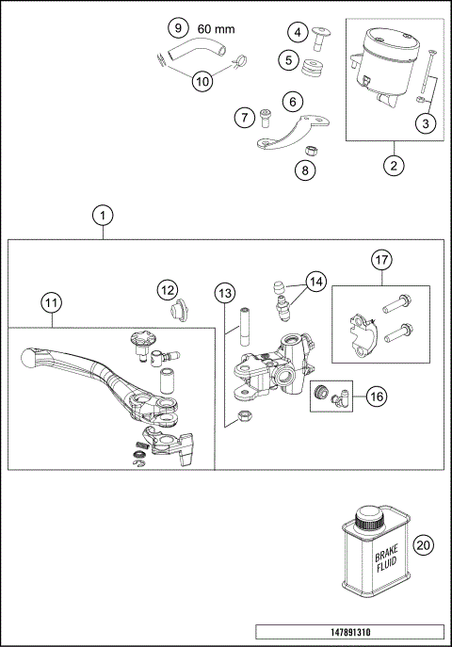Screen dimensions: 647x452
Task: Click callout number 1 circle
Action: [x=103, y=216]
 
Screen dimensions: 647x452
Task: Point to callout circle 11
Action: [x=51, y=304]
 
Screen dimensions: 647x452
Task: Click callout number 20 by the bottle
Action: [x=423, y=545]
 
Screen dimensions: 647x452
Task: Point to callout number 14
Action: [x=315, y=282]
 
